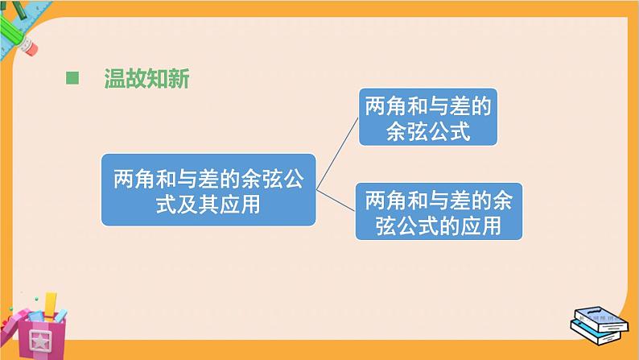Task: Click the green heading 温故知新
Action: tap(146, 79)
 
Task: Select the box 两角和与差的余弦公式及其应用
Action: tap(208, 189)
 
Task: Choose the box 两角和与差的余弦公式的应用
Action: tap(439, 211)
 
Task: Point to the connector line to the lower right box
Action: tap(336, 201)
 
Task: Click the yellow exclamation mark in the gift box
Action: tap(51, 304)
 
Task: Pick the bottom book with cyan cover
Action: tap(597, 329)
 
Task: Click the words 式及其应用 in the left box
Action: tap(208, 205)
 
